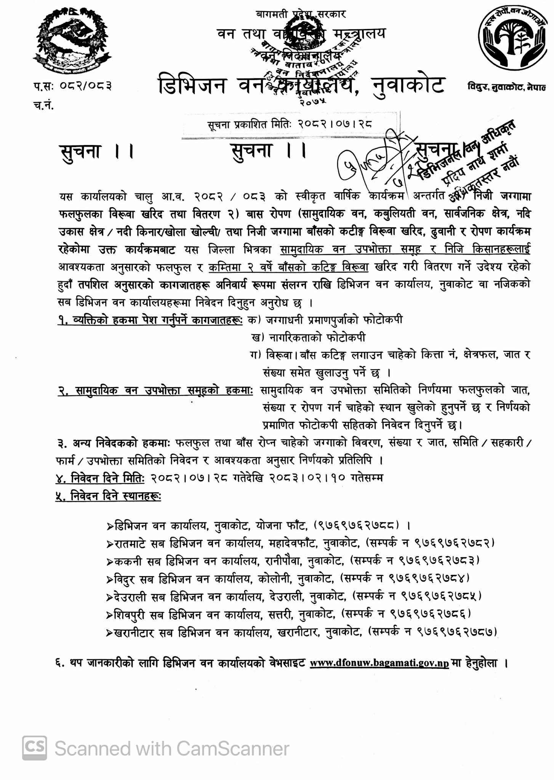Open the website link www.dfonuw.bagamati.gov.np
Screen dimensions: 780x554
tap(379, 663)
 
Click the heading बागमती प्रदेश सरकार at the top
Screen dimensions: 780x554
tap(301, 14)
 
